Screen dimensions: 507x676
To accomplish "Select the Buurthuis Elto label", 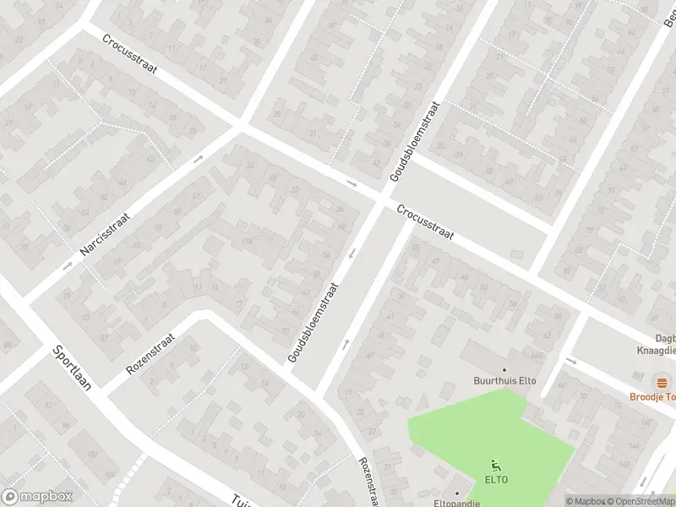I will coord(504,381).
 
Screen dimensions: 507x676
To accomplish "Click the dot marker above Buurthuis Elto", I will coord(504,369).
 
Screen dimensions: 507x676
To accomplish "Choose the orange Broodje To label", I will coord(651,396).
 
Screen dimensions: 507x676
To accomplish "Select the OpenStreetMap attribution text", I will coord(641,501).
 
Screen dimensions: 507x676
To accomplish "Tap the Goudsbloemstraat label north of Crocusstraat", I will coord(416,141).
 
